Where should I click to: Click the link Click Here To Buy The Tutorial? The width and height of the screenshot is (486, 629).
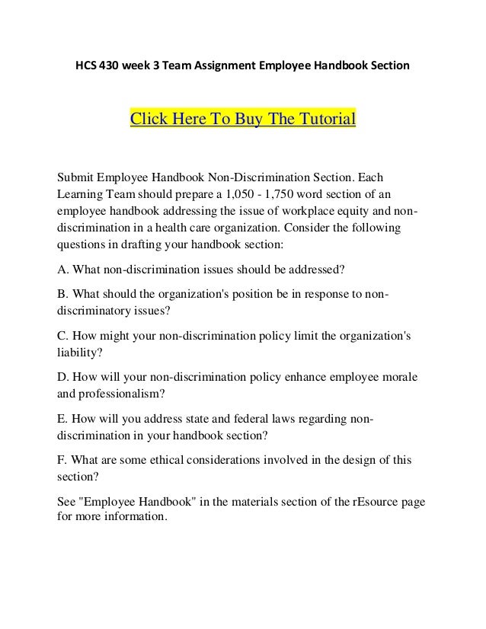pos(244,120)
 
